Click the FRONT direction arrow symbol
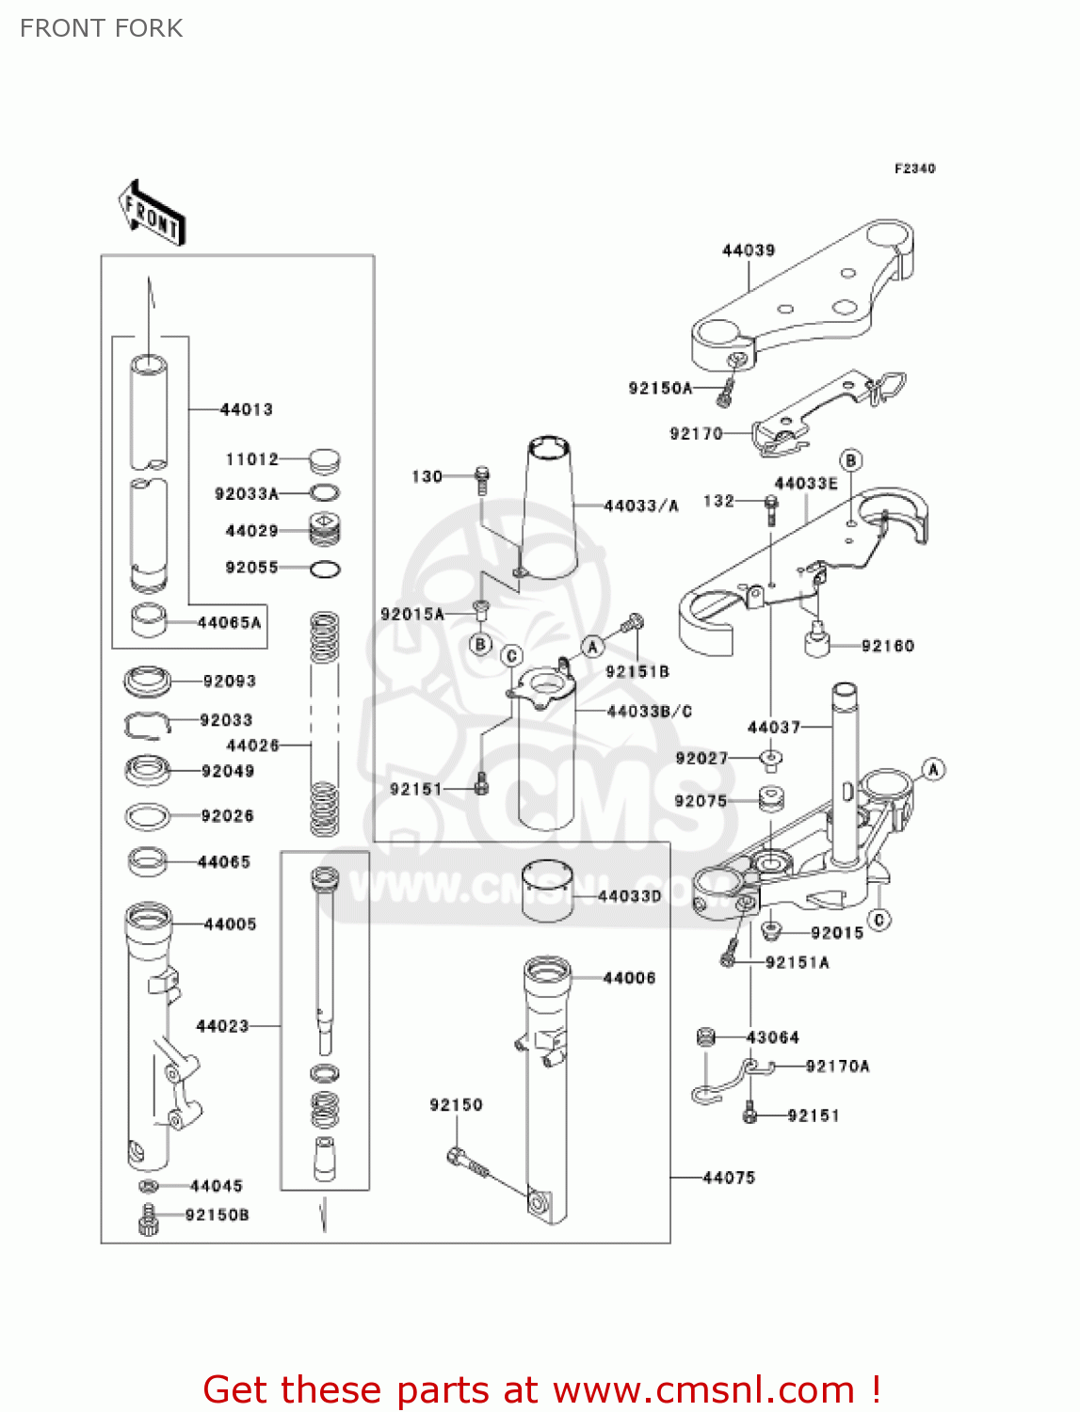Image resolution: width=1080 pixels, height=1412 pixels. pos(151,213)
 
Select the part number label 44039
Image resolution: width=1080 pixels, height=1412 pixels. pos(749,250)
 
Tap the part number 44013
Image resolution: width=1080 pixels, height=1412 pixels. pos(246,409)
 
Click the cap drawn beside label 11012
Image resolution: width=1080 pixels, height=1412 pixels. pos(324,460)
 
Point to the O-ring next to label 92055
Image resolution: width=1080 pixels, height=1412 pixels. pos(325,569)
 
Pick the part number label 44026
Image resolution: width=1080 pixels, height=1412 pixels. pos(253,746)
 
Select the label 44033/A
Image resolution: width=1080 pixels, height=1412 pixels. pos(640,506)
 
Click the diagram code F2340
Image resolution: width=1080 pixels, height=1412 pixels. pos(914,168)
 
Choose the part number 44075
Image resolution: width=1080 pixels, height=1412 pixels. pos(729,1178)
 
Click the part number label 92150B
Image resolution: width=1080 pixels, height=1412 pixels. pos(218,1215)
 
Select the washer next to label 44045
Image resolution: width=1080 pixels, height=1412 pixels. pos(149,1186)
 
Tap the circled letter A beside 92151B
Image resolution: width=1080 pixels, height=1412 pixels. pos(592,647)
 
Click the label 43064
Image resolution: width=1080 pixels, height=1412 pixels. pos(772,1037)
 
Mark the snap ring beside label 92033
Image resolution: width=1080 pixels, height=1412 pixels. pos(146,723)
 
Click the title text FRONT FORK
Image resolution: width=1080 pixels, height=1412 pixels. pos(102,28)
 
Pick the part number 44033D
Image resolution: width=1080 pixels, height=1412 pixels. pos(629,896)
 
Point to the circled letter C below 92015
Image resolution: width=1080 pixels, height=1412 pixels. pos(879,919)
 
